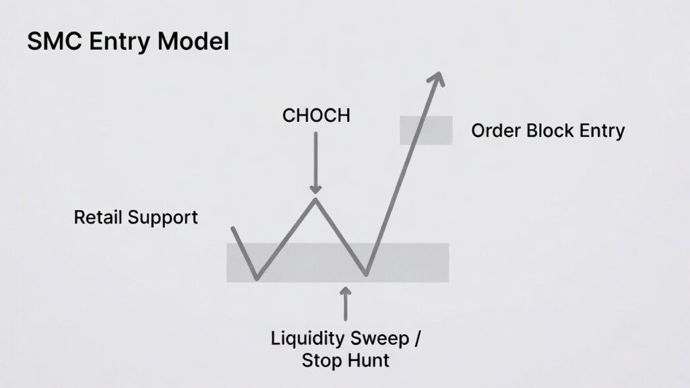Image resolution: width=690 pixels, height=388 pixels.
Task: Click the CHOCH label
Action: (x=316, y=115)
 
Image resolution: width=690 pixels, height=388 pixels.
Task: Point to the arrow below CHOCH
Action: (x=315, y=162)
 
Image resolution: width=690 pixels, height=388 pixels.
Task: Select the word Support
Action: (x=167, y=218)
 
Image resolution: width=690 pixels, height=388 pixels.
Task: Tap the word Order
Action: (x=496, y=130)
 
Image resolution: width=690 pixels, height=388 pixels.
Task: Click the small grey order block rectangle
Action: (x=426, y=130)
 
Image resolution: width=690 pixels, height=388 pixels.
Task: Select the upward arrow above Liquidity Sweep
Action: (x=346, y=304)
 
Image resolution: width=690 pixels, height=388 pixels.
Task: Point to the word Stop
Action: (x=321, y=360)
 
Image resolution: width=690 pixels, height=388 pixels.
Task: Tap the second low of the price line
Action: (x=366, y=273)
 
